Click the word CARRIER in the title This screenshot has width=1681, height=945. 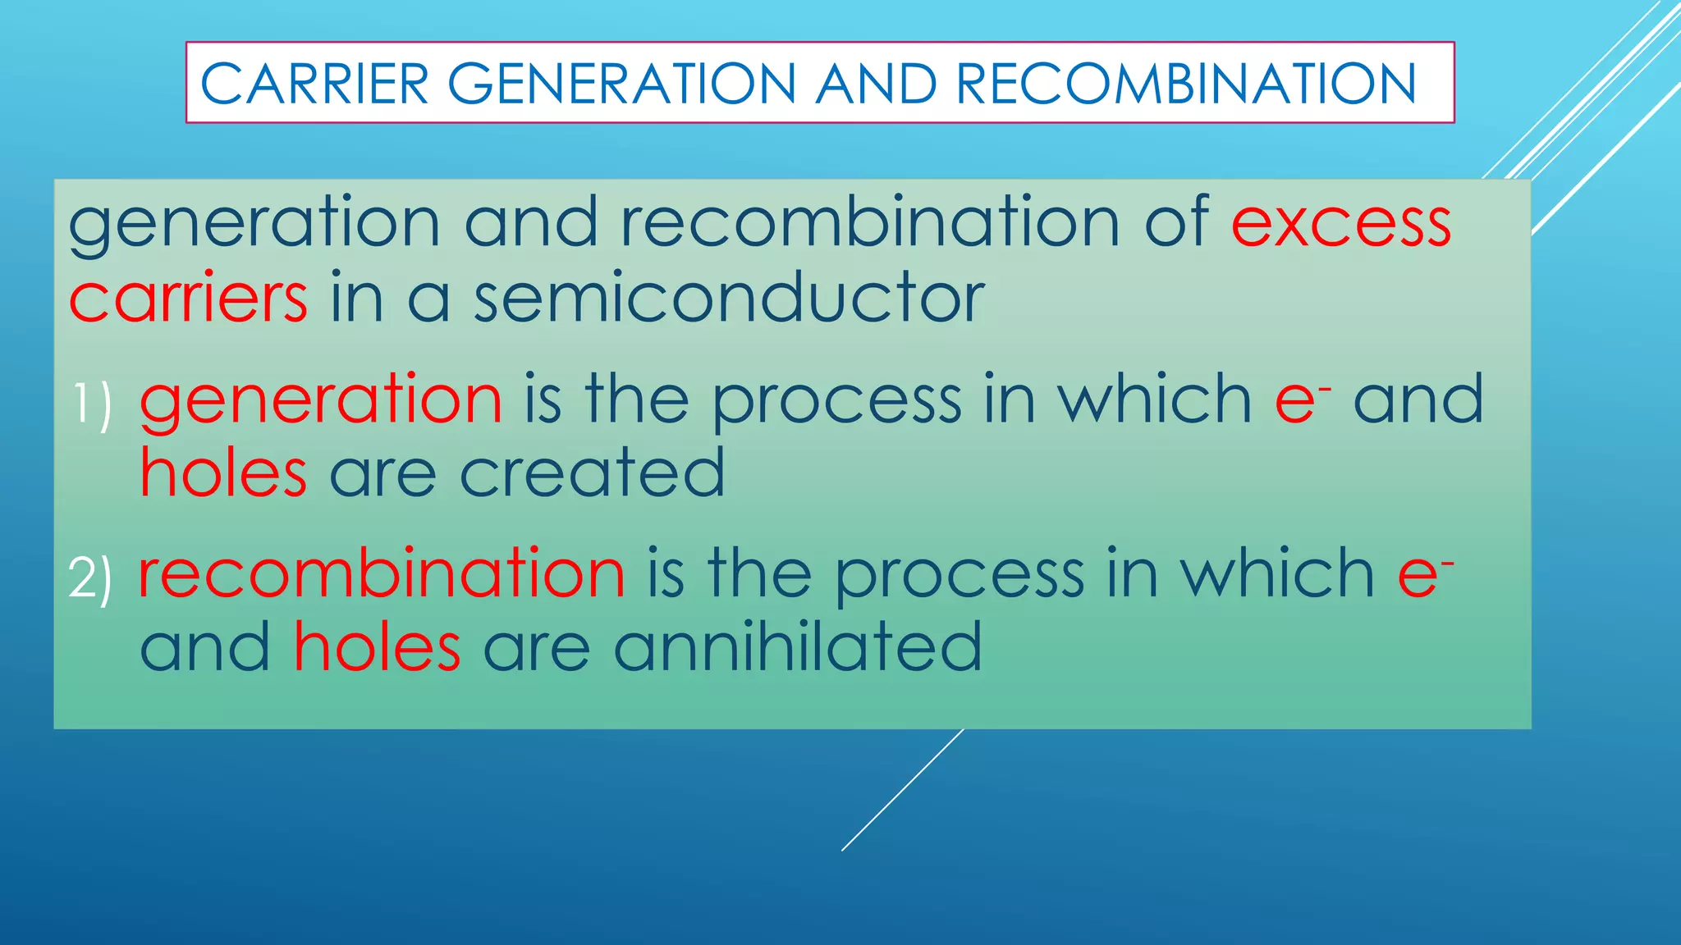(x=314, y=84)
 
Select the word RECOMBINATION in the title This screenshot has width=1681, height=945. (x=1186, y=84)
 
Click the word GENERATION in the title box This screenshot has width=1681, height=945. (x=621, y=84)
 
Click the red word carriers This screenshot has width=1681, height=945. (x=188, y=297)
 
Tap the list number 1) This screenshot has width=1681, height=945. (x=91, y=403)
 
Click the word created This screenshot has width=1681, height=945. (x=592, y=473)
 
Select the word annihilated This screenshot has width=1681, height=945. (x=797, y=647)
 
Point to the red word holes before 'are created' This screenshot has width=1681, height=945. (x=223, y=473)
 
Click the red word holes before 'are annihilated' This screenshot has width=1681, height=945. (x=377, y=647)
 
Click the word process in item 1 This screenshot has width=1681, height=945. (x=836, y=401)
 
